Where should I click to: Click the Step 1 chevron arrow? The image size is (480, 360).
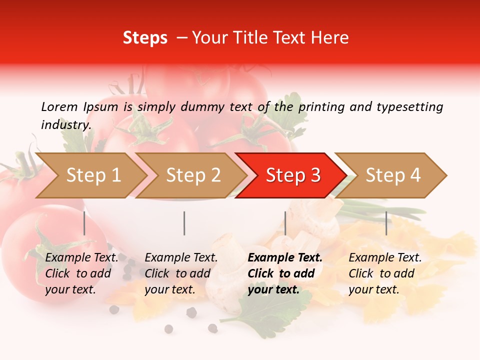point(92,175)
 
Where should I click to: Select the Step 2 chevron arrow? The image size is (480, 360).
point(192,175)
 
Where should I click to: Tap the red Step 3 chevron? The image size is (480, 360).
point(292,175)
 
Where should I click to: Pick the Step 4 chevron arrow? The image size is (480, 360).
point(392,175)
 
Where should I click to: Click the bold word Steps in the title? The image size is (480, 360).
point(145,38)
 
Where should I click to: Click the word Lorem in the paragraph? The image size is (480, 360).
point(58,106)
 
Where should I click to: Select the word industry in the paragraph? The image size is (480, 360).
point(65,125)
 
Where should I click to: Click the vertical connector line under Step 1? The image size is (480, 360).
point(84,223)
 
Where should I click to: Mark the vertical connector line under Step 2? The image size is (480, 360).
point(184,223)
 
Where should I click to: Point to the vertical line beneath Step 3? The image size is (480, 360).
point(285,223)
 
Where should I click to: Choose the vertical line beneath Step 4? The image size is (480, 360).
point(386,223)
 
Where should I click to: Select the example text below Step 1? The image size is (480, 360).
point(81,273)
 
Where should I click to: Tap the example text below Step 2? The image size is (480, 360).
point(181,273)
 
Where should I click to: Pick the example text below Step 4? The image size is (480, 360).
point(385,273)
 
